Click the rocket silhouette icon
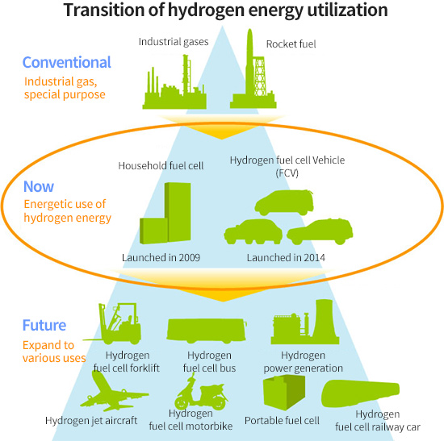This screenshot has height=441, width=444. [x=253, y=71]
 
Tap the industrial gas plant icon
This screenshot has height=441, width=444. [x=174, y=85]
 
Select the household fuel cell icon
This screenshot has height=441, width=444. [x=165, y=214]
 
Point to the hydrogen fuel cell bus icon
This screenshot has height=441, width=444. [x=207, y=330]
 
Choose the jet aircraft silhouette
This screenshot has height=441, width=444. [x=113, y=391]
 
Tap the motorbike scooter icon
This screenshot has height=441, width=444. [x=200, y=392]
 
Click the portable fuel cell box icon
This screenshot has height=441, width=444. [x=284, y=393]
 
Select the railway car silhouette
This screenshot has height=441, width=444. [x=361, y=394]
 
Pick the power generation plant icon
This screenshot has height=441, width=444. [x=305, y=322]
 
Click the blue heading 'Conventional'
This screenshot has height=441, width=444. [x=66, y=62]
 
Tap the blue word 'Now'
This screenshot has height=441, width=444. [x=39, y=186]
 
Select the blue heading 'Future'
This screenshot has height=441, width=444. [x=44, y=325]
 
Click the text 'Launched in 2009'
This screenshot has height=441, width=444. [x=161, y=258]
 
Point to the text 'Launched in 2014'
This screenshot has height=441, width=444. [x=286, y=258]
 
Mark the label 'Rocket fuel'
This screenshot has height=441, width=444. [x=291, y=44]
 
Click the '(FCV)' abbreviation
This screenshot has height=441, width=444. [x=287, y=173]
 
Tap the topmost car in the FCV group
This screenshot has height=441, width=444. [x=284, y=202]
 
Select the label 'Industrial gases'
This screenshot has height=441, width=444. [x=174, y=42]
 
